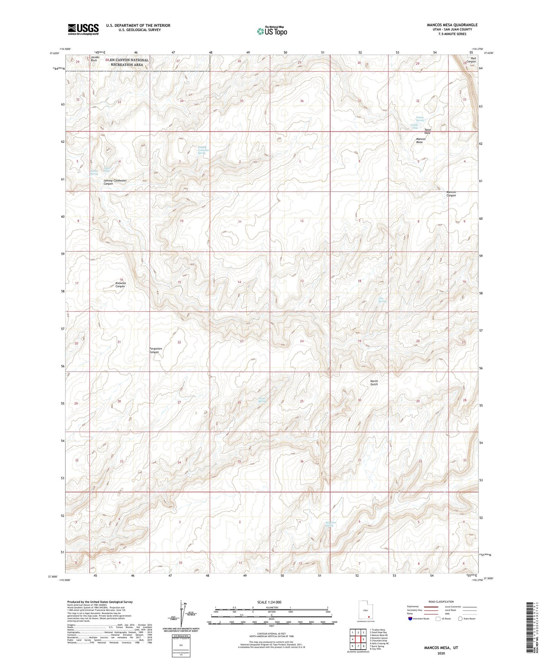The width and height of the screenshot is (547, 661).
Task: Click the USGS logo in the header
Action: tap(83, 29)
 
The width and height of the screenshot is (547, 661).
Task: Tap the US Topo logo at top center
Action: tap(271, 31)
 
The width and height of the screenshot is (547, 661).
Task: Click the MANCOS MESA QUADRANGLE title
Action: tap(452, 25)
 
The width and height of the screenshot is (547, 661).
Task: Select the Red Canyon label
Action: tap(471, 60)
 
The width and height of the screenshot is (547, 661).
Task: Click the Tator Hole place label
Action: tap(427, 131)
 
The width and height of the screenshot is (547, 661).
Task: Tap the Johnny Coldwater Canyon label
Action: tap(115, 182)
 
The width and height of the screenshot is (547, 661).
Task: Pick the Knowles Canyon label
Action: tap(120, 285)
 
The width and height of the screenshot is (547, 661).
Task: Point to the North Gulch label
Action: tap(374, 383)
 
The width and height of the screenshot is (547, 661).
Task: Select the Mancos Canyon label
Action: tap(451, 194)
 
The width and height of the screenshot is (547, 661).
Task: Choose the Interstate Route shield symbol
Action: tap(410, 619)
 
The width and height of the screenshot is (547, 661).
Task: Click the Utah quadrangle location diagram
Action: tap(365, 610)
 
